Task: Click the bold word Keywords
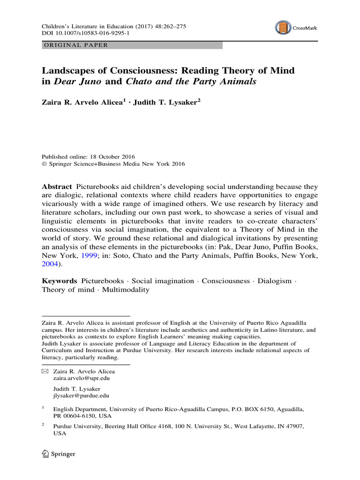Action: point(60,281)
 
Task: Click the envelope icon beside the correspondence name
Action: point(45,371)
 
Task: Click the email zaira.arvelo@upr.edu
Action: point(82,378)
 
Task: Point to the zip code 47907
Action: point(293,426)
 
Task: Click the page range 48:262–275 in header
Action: point(168,27)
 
